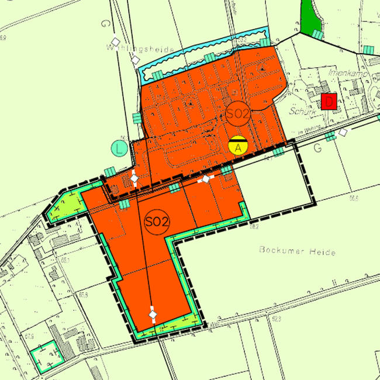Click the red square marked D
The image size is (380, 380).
pos(329,102)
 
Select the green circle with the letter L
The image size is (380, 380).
pos(120,148)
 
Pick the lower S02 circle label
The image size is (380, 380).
pos(157,222)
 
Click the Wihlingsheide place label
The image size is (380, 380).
pos(141,50)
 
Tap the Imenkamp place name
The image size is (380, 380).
pos(347,75)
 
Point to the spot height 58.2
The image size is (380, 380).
pos(254,227)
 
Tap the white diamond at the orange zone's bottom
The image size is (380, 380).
pos(153,315)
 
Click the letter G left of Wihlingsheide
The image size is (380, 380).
pos(106,25)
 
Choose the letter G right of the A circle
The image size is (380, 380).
pos(317,148)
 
